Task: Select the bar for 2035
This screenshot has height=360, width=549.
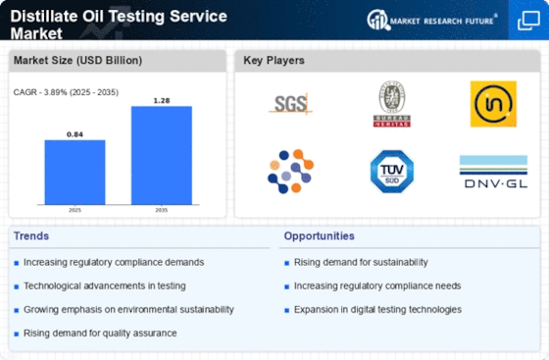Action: (x=161, y=156)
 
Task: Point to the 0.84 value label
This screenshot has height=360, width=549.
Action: (x=75, y=132)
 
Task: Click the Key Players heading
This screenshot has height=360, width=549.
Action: (x=274, y=60)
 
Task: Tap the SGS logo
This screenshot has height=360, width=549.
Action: (x=291, y=103)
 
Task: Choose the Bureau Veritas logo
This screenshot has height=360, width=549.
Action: (x=389, y=102)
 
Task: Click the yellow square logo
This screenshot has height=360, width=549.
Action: (x=493, y=103)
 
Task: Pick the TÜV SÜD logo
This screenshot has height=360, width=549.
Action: (x=389, y=171)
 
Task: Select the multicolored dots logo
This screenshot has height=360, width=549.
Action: (x=291, y=171)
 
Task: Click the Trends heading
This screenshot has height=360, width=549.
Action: (x=32, y=236)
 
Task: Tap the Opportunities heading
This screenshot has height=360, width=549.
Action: (x=320, y=236)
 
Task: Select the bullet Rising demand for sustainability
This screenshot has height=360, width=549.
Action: (x=361, y=262)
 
